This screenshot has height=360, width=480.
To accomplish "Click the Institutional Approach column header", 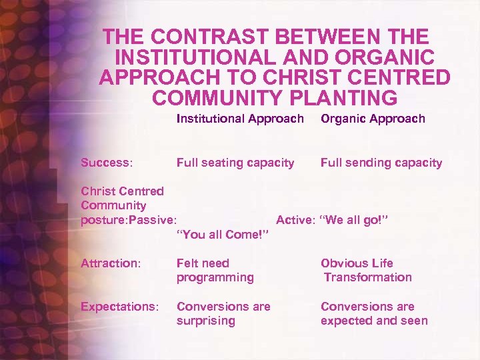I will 240,119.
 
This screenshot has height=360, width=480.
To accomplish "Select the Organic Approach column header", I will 373,119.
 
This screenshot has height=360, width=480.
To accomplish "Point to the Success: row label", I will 107,163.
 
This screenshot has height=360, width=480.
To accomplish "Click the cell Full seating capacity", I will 235,163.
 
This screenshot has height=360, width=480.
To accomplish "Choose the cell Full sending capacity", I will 381,163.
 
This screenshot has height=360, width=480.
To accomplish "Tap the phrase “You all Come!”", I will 222,234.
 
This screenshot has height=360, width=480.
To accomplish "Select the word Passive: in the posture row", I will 154,220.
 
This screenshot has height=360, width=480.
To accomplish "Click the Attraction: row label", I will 111,263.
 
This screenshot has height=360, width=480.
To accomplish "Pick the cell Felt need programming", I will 215,270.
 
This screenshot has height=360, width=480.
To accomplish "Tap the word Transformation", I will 368,277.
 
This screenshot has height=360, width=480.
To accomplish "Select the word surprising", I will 206,321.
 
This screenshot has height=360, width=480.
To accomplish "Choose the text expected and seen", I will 374,321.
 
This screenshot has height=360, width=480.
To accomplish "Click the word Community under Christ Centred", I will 113,205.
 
